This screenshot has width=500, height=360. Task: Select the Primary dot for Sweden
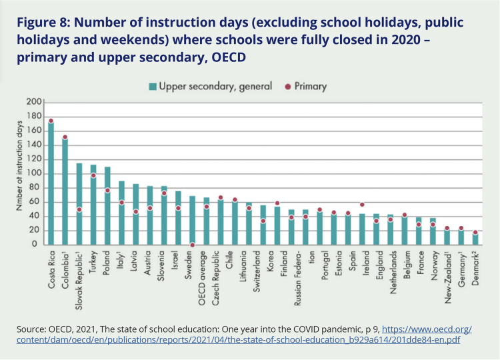click(193, 245)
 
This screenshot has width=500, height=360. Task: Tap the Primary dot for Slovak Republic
click(79, 209)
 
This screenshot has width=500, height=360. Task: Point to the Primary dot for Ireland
click(362, 205)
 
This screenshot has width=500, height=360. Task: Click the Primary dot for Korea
click(277, 203)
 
